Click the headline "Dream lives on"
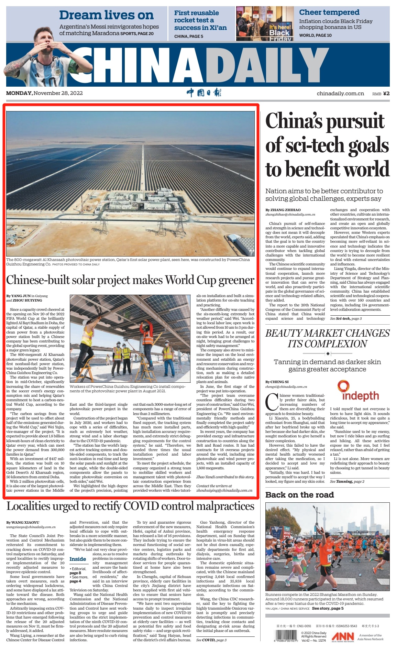[106, 15]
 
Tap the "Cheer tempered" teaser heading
[329, 12]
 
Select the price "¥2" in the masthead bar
[386, 93]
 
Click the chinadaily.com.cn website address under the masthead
[340, 93]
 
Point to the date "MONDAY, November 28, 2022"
[44, 93]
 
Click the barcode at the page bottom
[285, 636]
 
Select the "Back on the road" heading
[299, 495]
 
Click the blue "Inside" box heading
[78, 559]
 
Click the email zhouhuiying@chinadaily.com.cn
[224, 490]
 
